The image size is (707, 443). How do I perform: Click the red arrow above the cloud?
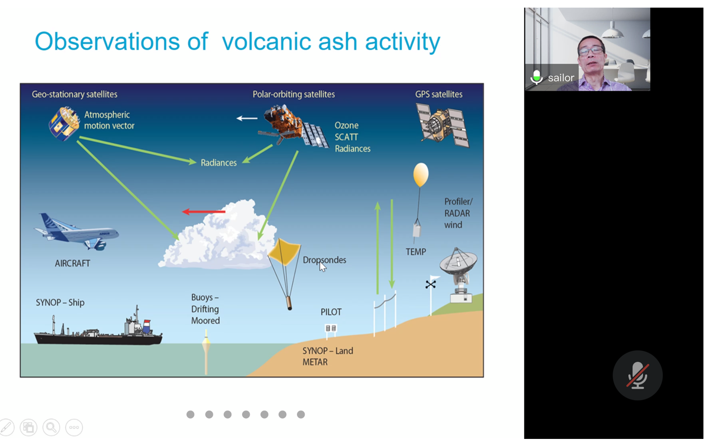coord(204,212)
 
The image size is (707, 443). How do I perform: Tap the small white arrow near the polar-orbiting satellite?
coord(247,118)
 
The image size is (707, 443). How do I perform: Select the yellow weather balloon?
coord(421,175)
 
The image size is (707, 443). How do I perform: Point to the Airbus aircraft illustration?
coord(76,232)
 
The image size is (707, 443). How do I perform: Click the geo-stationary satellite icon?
coord(64,124)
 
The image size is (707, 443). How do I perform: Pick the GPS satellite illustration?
coord(443,125)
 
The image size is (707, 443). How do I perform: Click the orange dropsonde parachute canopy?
coord(284,252)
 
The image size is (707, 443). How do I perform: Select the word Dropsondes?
coord(324,260)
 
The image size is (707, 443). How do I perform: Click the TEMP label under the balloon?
coord(416,252)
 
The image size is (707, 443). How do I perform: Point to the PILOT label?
coord(331,312)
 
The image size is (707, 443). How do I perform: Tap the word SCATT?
coord(346,137)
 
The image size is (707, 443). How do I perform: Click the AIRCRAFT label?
coord(73,263)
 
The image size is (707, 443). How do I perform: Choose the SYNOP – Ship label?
coord(60,302)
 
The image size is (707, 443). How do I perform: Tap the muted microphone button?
coord(637,376)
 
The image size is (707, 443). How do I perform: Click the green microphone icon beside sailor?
coord(536,77)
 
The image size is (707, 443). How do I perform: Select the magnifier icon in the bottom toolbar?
coord(51,428)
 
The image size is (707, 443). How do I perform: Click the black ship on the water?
coord(98,330)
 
